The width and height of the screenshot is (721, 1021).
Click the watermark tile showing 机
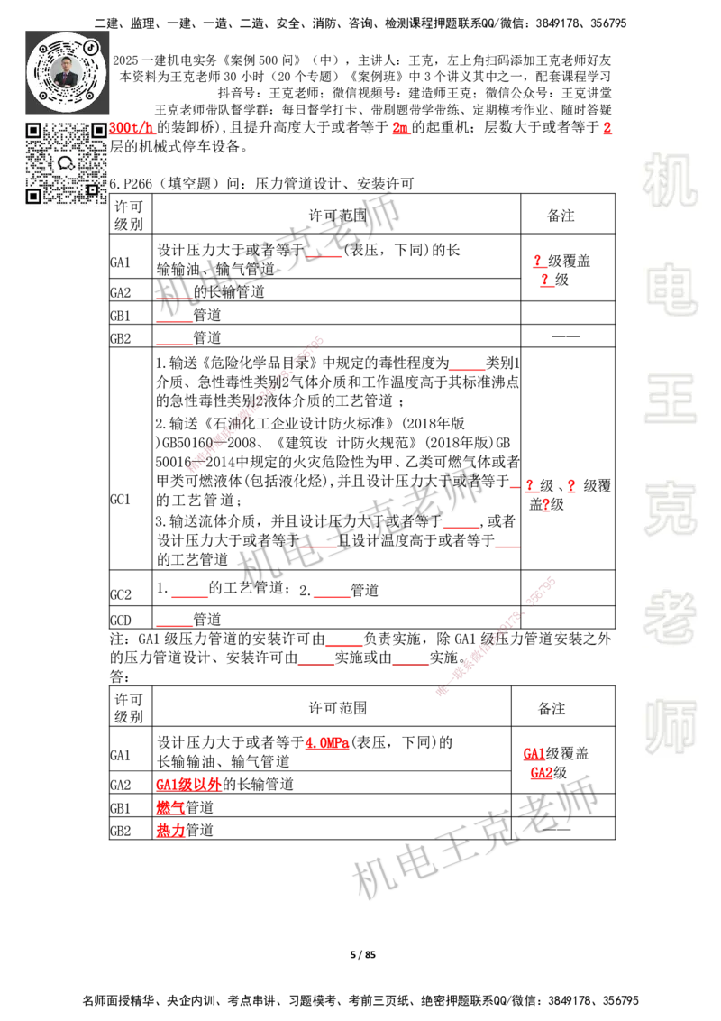pyautogui.click(x=670, y=180)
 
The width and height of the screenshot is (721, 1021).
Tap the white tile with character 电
pyautogui.click(x=673, y=289)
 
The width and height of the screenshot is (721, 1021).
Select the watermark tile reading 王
pyautogui.click(x=670, y=400)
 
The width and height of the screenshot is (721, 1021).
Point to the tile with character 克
pyautogui.click(x=670, y=509)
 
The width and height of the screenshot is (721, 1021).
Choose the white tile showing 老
pyautogui.click(x=670, y=617)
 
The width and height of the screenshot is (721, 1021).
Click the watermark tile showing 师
pyautogui.click(x=670, y=728)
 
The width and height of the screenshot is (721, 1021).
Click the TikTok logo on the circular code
pyautogui.click(x=90, y=45)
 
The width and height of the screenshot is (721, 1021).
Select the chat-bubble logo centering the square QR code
pyautogui.click(x=66, y=163)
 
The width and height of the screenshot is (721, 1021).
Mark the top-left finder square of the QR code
pyautogui.click(x=33, y=131)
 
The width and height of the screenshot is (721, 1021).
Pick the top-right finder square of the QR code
pyautogui.click(x=98, y=131)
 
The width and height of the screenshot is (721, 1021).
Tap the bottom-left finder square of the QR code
pyautogui.click(x=33, y=196)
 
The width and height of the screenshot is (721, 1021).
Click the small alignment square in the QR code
pyautogui.click(x=91, y=189)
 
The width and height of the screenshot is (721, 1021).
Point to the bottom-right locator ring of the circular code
pyautogui.click(x=91, y=94)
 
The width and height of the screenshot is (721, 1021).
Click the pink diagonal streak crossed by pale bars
pyautogui.click(x=496, y=633)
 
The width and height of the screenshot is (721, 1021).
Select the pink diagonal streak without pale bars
pyautogui.click(x=255, y=403)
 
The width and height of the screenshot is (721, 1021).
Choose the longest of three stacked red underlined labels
pyautogui.click(x=188, y=783)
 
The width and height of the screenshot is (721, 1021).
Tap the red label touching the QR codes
pyautogui.click(x=133, y=128)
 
